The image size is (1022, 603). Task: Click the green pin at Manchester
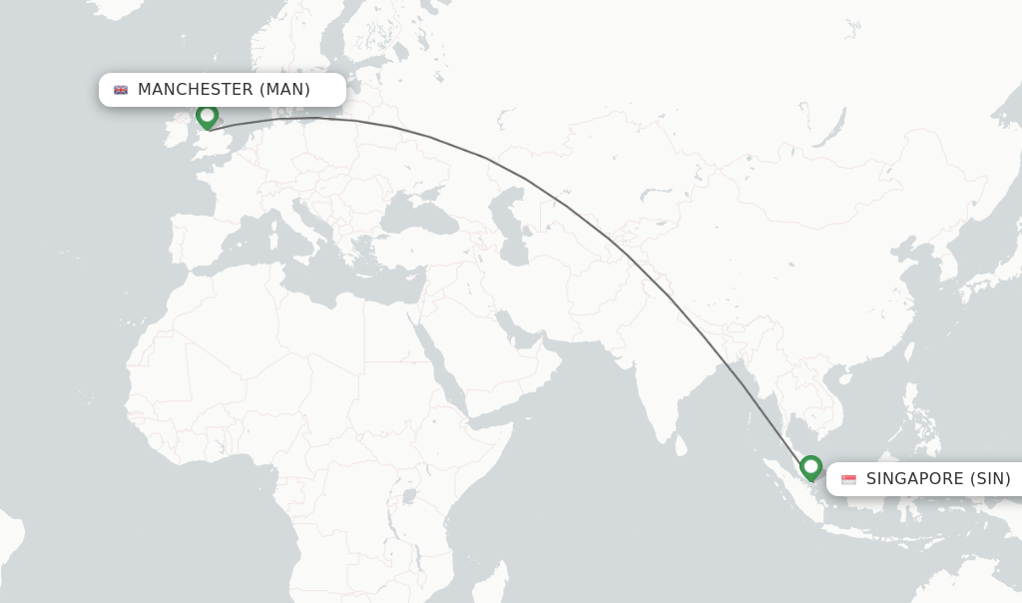[x=207, y=117]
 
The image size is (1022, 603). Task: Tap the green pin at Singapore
[x=810, y=467]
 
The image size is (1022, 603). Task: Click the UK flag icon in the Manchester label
[x=121, y=90]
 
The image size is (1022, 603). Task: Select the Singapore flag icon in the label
[x=848, y=480]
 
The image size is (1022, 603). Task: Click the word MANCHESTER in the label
[x=195, y=90]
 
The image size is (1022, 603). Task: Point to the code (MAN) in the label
[x=284, y=90]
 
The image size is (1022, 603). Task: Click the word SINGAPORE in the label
[x=914, y=479]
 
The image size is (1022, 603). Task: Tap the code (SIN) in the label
[x=990, y=479]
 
